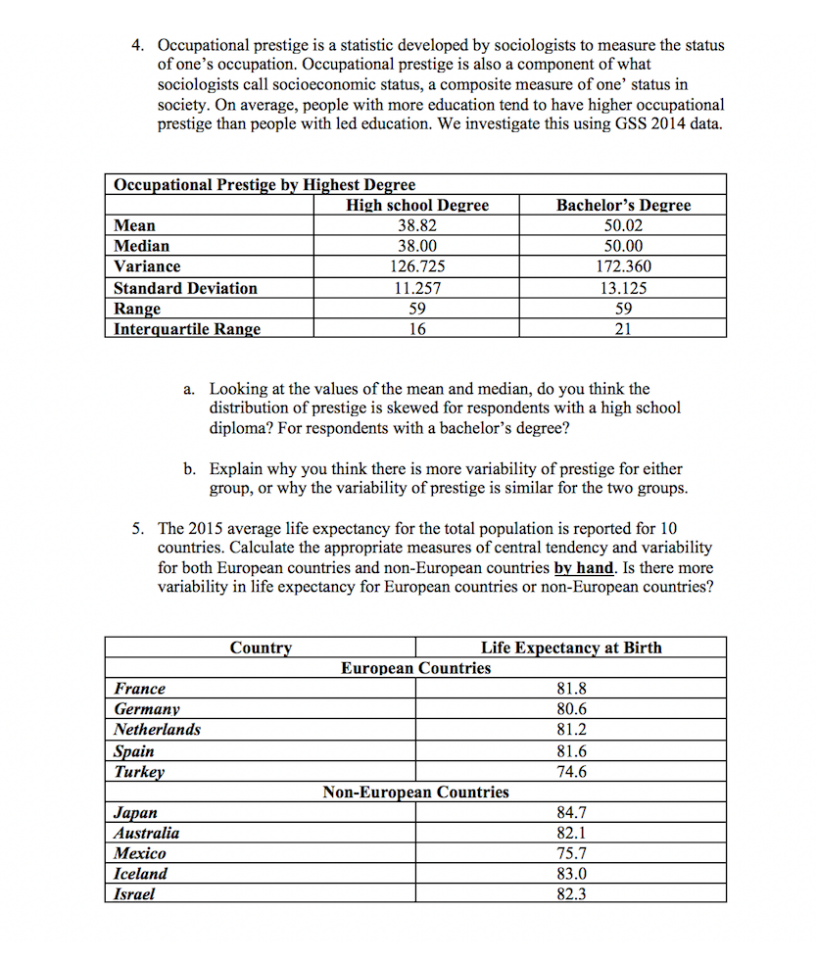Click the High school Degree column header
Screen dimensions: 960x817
click(x=416, y=205)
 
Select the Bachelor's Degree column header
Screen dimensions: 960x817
click(x=623, y=205)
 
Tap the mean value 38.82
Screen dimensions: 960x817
click(x=416, y=225)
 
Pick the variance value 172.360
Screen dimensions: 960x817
click(x=623, y=266)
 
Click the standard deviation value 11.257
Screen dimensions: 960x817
click(x=416, y=288)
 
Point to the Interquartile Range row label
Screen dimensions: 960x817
click(x=187, y=329)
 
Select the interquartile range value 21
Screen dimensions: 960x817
click(x=623, y=329)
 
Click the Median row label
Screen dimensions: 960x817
click(x=141, y=246)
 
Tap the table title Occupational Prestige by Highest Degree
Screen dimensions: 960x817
click(x=264, y=184)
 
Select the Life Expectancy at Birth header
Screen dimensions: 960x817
click(x=571, y=648)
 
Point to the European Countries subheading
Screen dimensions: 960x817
click(x=415, y=668)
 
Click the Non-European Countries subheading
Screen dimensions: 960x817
click(x=415, y=792)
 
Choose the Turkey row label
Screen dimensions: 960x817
click(x=139, y=771)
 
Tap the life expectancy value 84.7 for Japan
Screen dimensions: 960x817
click(x=571, y=812)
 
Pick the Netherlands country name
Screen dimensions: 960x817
click(x=157, y=730)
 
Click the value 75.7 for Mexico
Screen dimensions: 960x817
click(x=571, y=853)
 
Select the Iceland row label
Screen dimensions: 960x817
click(x=140, y=874)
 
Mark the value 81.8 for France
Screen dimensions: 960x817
click(x=571, y=689)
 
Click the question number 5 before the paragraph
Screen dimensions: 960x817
click(x=138, y=530)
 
